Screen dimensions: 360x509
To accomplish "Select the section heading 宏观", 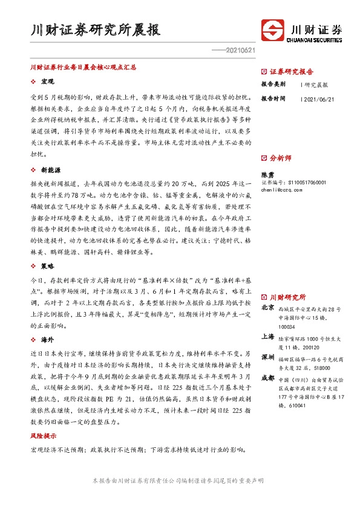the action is (x=47, y=81).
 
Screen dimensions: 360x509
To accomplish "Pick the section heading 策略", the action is (x=47, y=248).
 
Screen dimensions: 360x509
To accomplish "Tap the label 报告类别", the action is (x=273, y=84).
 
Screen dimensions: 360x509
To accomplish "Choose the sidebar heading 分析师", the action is (x=280, y=158).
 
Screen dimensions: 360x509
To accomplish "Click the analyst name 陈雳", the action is (x=267, y=173).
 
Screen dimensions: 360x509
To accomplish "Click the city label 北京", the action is (x=267, y=308).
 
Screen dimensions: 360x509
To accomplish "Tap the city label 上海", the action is (x=267, y=337).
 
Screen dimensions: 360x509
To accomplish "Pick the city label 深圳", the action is (x=267, y=357).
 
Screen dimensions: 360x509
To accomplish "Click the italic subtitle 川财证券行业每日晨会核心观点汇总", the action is (x=83, y=68).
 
